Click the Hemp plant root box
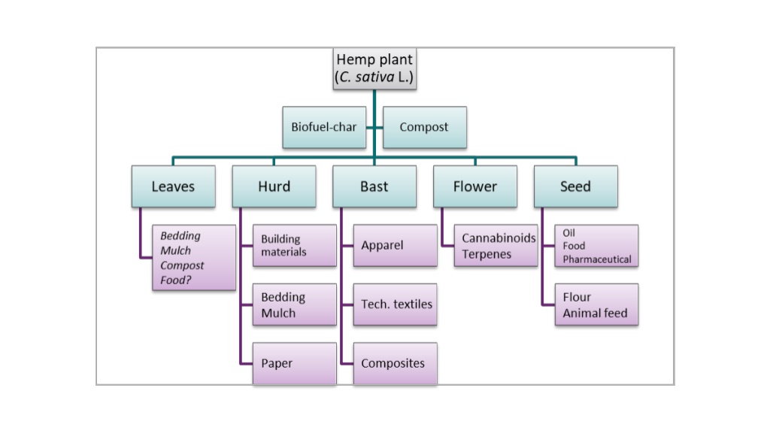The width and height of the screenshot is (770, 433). (x=374, y=68)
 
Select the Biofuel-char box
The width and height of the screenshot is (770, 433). (x=324, y=127)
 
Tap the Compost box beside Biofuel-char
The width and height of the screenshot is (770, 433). (x=425, y=127)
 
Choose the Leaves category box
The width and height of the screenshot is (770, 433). (x=174, y=186)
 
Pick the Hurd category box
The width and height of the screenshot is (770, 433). (x=274, y=186)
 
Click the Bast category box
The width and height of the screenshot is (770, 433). (x=374, y=186)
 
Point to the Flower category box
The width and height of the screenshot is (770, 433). (x=475, y=186)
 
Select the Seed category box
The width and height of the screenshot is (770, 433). (x=575, y=186)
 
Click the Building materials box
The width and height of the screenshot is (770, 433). (x=295, y=246)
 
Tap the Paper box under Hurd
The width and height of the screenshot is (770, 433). (x=295, y=363)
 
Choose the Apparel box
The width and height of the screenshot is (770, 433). (x=396, y=246)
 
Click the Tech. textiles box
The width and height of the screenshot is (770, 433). (x=396, y=304)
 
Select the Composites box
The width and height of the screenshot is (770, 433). (x=396, y=363)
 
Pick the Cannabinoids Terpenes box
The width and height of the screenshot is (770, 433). (x=496, y=246)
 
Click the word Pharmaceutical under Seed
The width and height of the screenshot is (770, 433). (x=597, y=259)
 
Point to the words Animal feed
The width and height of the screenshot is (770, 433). (x=596, y=313)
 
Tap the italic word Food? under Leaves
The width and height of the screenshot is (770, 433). (x=176, y=280)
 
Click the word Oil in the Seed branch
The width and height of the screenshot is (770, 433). (x=568, y=233)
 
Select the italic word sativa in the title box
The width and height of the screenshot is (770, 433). (x=374, y=77)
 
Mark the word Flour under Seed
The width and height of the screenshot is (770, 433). (x=577, y=297)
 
